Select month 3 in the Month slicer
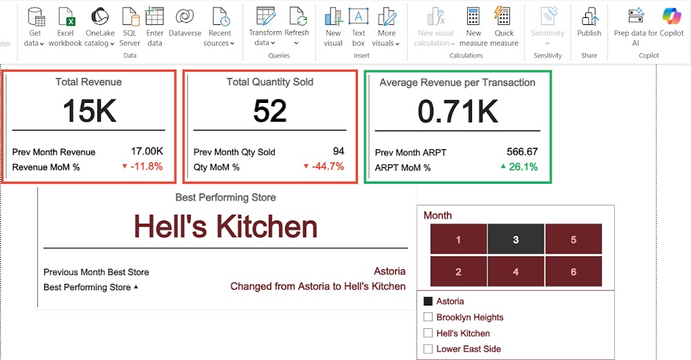tap(515, 239)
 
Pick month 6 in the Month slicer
tap(574, 272)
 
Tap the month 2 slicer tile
tap(458, 272)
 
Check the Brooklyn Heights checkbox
tap(428, 317)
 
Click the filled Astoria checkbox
tap(428, 301)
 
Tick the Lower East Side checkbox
tap(428, 349)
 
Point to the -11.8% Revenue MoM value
tap(142, 167)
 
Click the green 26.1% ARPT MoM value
tap(519, 167)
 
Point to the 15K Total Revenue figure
tap(89, 111)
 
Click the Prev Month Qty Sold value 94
tap(339, 151)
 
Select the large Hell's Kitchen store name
tap(226, 227)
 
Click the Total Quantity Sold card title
tap(269, 82)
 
